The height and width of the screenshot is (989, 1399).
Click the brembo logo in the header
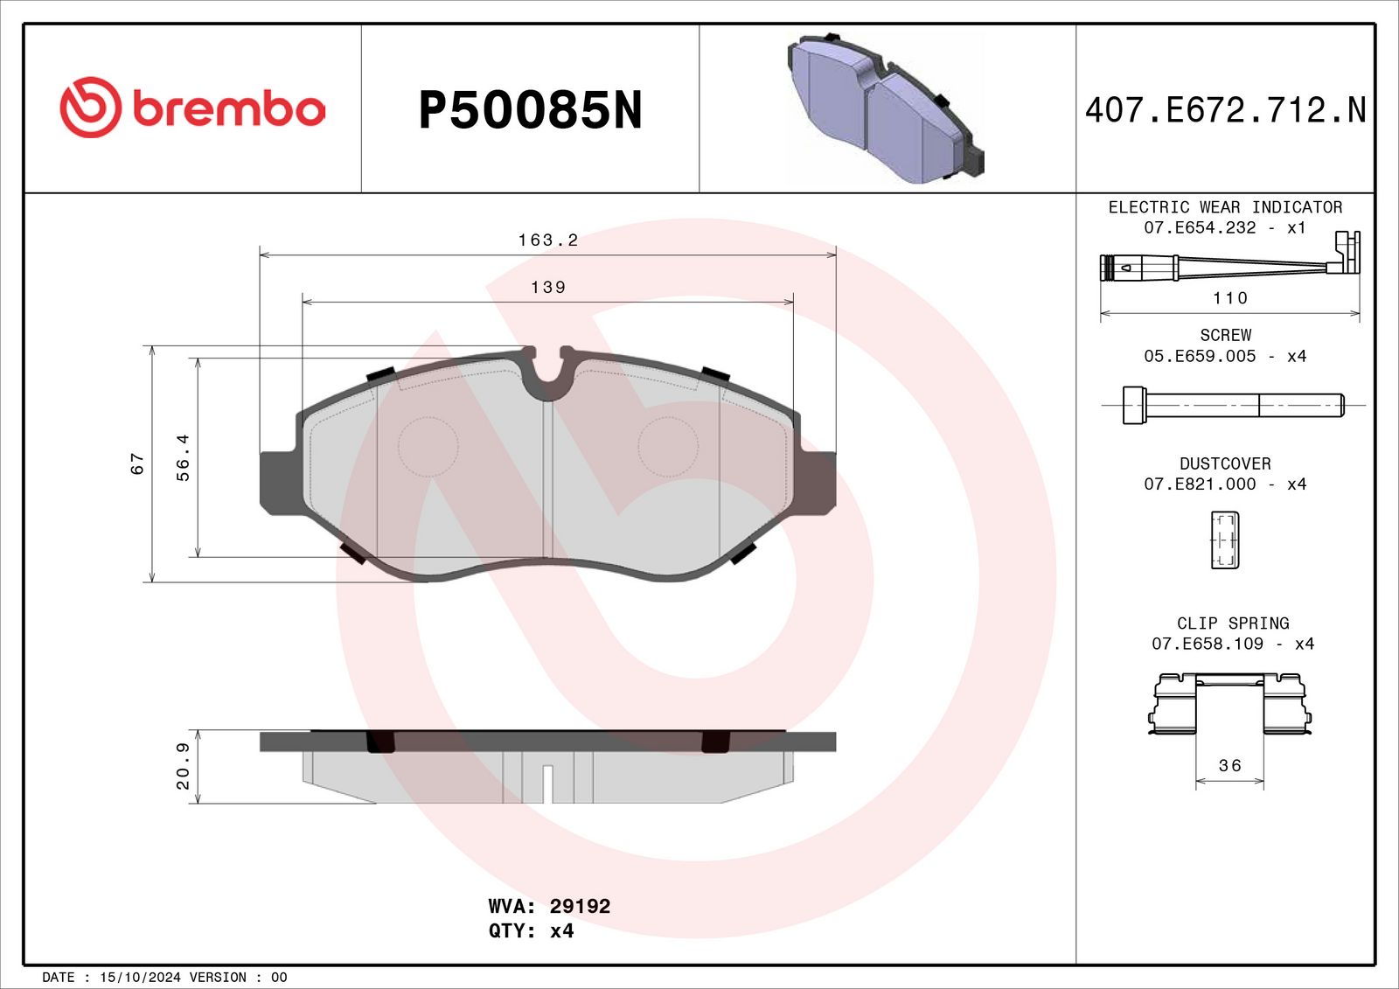tap(192, 108)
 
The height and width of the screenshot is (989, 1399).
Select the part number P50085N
tap(530, 110)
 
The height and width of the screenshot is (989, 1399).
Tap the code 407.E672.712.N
tap(1225, 110)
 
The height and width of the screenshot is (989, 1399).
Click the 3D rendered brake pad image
tap(885, 108)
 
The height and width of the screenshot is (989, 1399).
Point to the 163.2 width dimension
tap(547, 240)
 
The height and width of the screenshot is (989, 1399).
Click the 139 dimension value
tap(547, 287)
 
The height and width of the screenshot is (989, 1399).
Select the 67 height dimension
tap(137, 463)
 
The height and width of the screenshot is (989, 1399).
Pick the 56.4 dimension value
tap(183, 457)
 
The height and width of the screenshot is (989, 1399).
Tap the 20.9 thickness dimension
tap(183, 766)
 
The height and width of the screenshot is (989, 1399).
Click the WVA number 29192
tap(580, 906)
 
